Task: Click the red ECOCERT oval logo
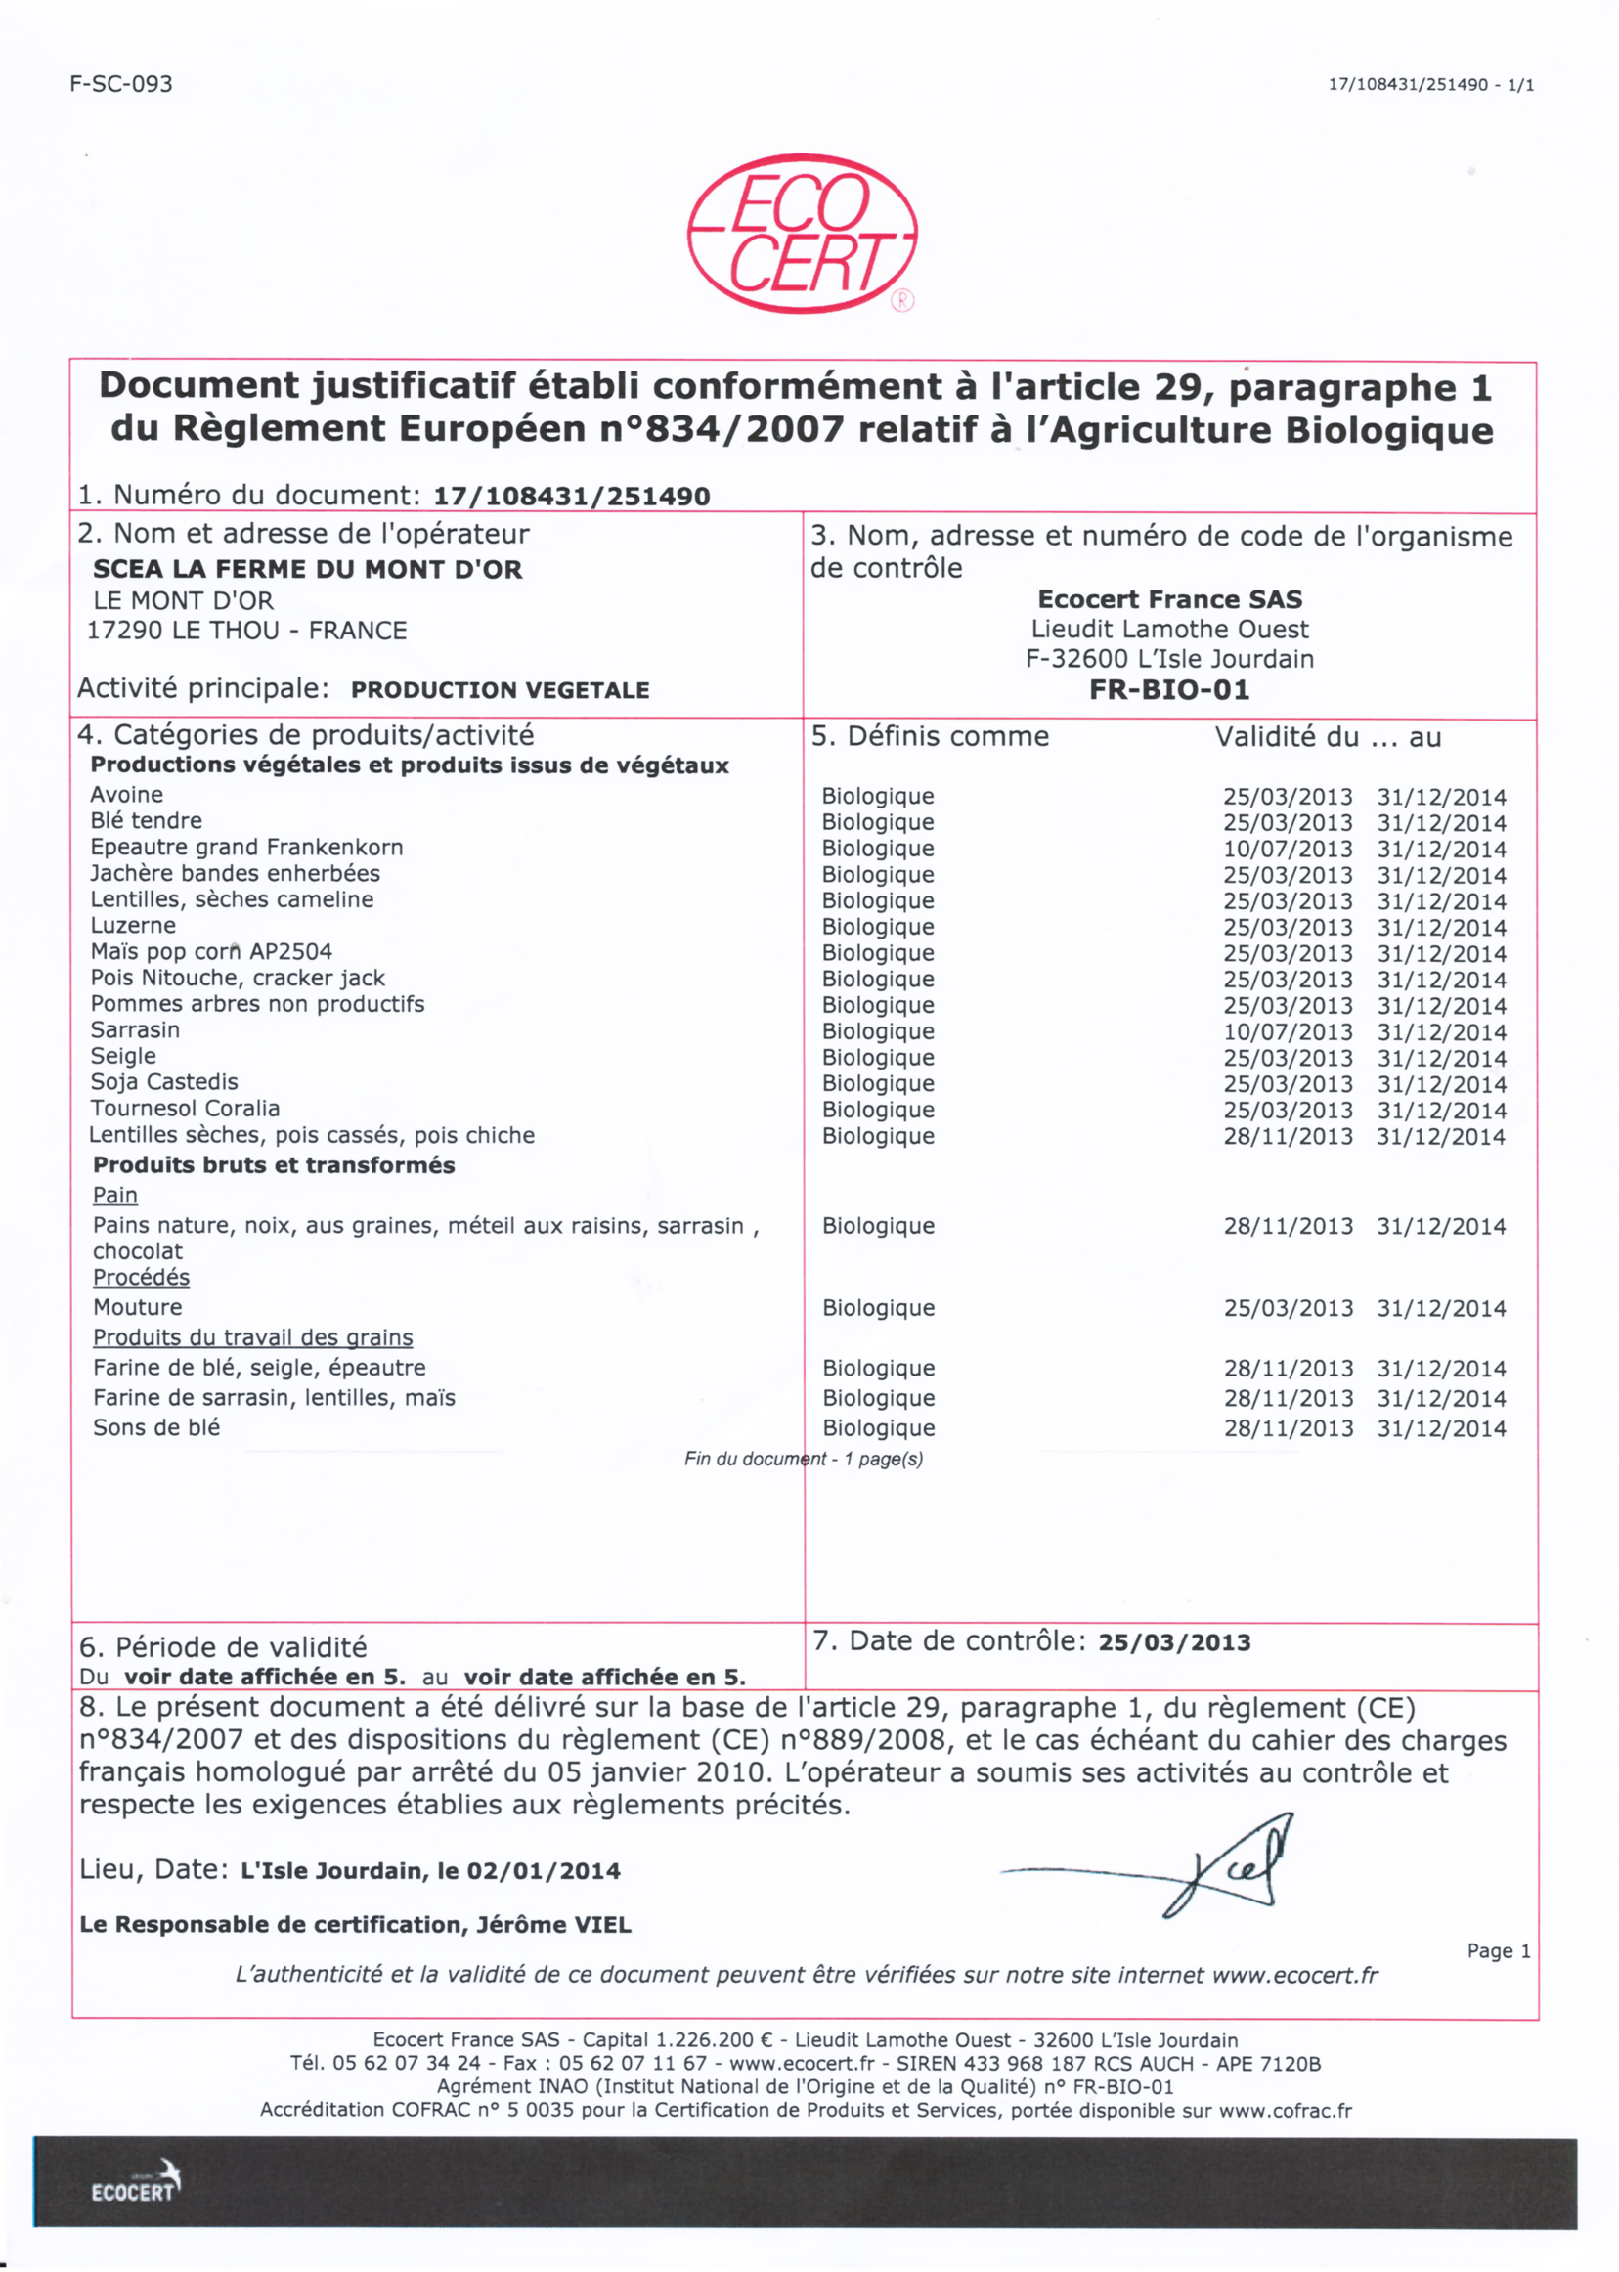pyautogui.click(x=802, y=235)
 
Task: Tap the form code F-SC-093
pyautogui.click(x=121, y=84)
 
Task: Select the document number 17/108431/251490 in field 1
pyautogui.click(x=571, y=497)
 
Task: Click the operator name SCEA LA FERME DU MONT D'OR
pyautogui.click(x=307, y=569)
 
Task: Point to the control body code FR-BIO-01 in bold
pyautogui.click(x=1169, y=690)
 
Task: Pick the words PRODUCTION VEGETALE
pyautogui.click(x=500, y=690)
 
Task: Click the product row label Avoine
pyautogui.click(x=127, y=795)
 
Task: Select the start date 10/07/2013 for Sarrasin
pyautogui.click(x=1287, y=1031)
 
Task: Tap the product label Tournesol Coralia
pyautogui.click(x=185, y=1108)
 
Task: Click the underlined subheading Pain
pyautogui.click(x=114, y=1195)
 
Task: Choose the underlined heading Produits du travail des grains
pyautogui.click(x=252, y=1336)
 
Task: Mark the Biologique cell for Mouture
pyautogui.click(x=878, y=1308)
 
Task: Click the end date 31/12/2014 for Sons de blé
pyautogui.click(x=1440, y=1428)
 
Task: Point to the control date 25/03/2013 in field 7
pyautogui.click(x=1174, y=1642)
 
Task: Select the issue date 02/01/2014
pyautogui.click(x=544, y=1871)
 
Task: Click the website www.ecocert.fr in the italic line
pyautogui.click(x=1295, y=1975)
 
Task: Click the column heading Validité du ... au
pyautogui.click(x=1328, y=737)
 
